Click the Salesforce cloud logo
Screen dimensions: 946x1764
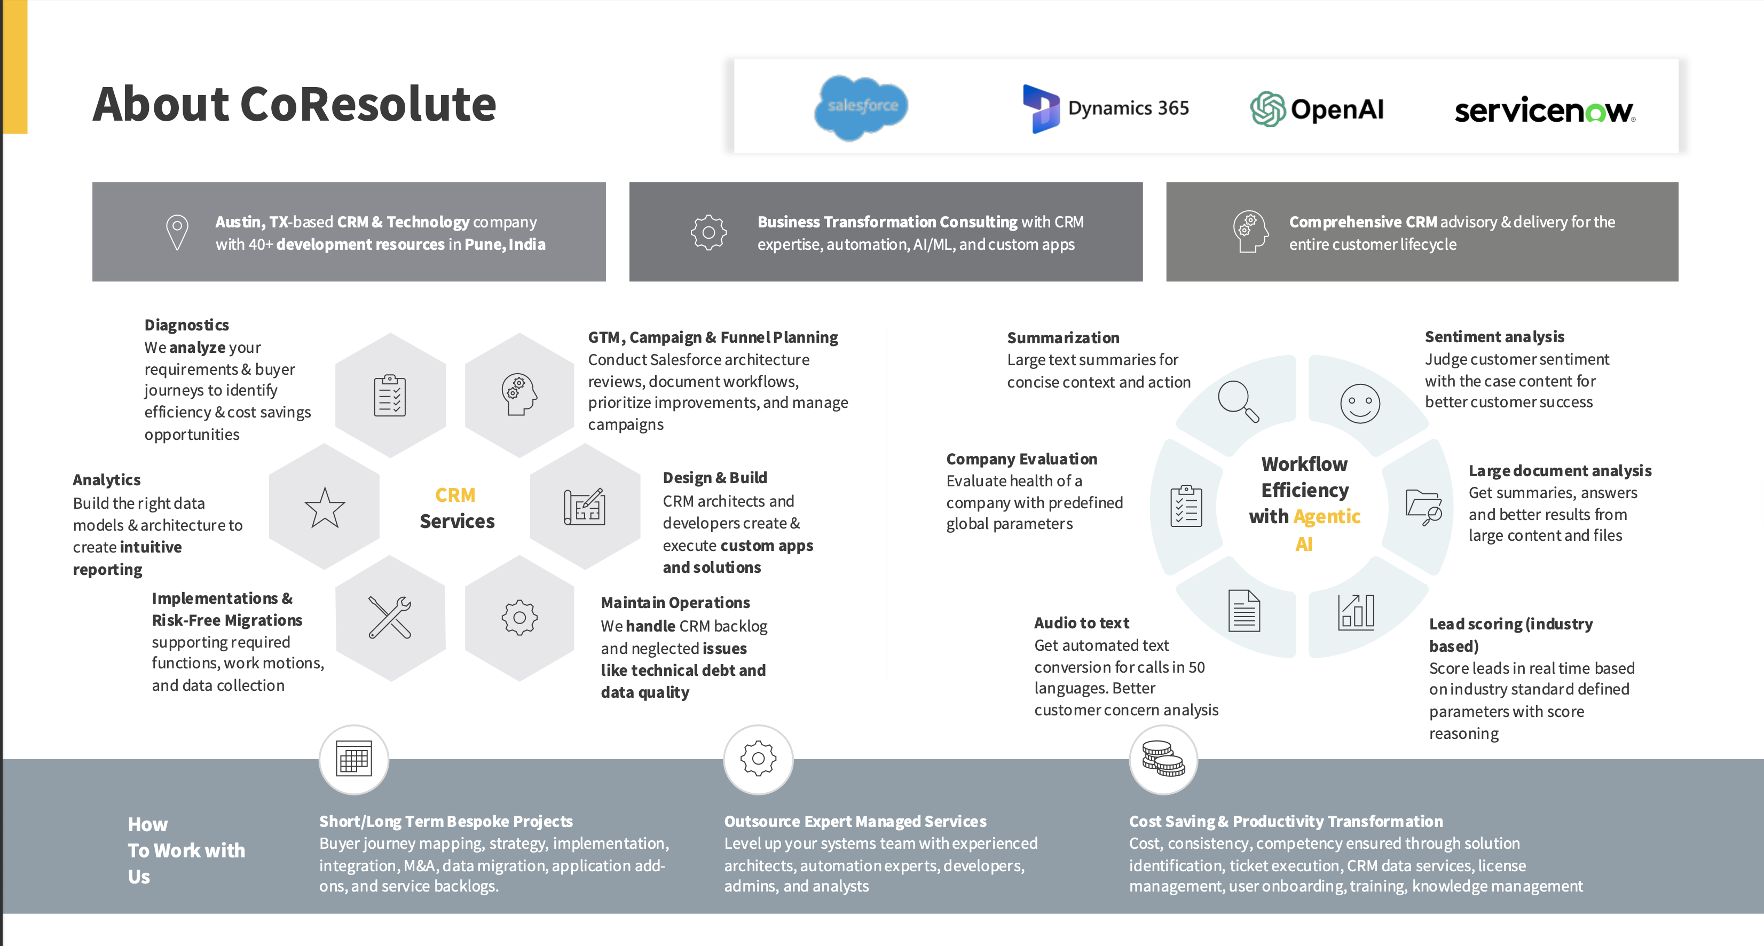coord(862,107)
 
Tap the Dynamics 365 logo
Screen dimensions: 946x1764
coord(1105,108)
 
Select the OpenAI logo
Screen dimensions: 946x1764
coord(1317,109)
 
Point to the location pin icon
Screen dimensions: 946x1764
coord(177,232)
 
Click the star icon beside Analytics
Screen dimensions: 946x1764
coord(325,507)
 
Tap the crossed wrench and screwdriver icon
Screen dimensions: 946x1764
coord(390,618)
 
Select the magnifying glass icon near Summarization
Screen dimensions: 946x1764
coord(1238,401)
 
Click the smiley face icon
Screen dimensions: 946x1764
coord(1360,403)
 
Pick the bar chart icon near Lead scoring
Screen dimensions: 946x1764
coord(1356,611)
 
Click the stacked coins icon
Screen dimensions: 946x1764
coord(1163,759)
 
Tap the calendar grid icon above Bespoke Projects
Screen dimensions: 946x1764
coord(354,759)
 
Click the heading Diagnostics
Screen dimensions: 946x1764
coord(186,325)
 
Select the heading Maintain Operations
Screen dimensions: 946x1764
coord(675,602)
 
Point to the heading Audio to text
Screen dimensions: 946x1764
coord(1081,623)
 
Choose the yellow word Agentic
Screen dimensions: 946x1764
coord(1327,516)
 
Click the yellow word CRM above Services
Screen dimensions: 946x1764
coord(455,495)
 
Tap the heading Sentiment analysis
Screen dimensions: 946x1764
coord(1494,337)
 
